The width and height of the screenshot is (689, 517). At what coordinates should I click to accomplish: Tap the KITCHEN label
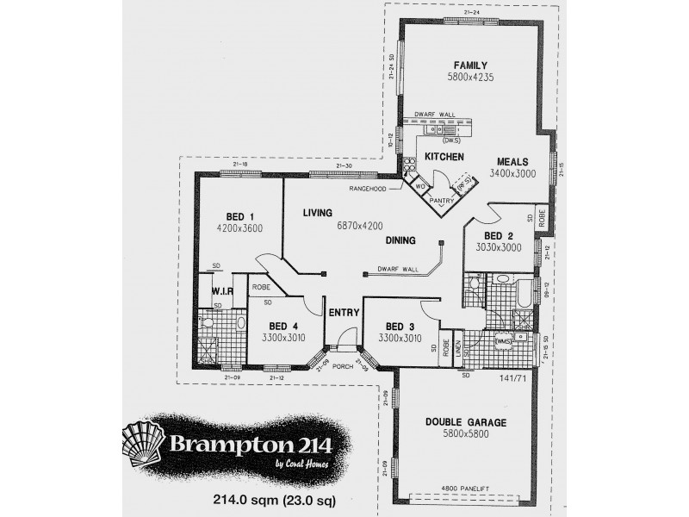(444, 157)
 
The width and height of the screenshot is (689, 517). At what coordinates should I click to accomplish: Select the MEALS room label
(512, 161)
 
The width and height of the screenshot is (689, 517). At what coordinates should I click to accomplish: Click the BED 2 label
(498, 235)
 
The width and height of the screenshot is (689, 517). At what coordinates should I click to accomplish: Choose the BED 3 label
(400, 326)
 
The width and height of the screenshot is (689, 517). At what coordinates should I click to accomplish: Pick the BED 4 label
(282, 326)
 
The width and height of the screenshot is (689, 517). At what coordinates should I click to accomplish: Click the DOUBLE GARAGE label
(466, 423)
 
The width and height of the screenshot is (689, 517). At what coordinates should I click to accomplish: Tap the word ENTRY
(342, 312)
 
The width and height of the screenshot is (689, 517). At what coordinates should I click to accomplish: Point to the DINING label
(401, 240)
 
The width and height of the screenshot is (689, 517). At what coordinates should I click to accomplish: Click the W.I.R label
(221, 291)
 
